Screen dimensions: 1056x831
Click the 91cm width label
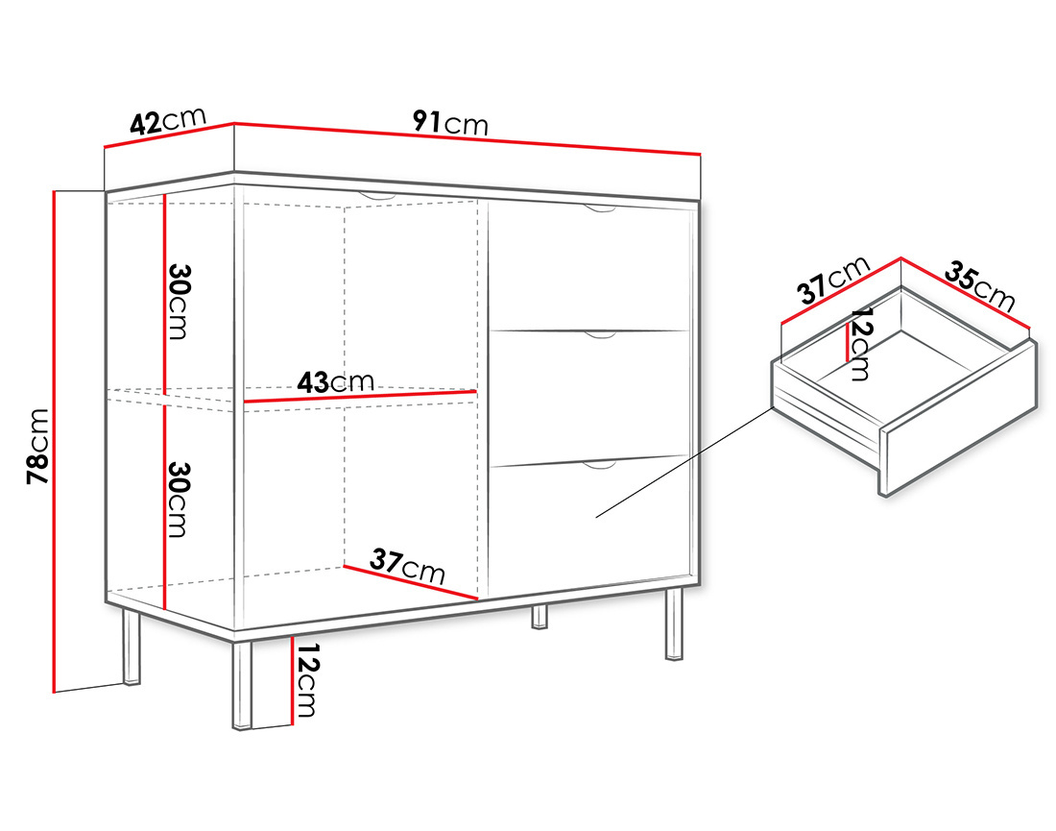[450, 123]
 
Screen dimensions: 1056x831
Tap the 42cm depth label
[168, 121]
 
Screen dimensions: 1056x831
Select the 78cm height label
[38, 446]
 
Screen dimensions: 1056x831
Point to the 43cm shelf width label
[335, 382]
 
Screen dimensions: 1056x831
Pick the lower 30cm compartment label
[178, 500]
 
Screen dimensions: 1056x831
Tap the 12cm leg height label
[306, 680]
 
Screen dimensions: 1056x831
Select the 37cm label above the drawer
[833, 280]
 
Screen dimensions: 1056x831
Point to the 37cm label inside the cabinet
[408, 566]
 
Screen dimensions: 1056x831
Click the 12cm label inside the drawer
[861, 344]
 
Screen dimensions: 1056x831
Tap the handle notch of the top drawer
[600, 208]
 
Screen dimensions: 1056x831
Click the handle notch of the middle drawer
[600, 335]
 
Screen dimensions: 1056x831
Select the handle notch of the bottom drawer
[600, 465]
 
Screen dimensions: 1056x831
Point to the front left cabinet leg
[241, 685]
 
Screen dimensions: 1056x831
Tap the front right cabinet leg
[674, 624]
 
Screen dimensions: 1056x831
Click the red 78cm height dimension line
[53, 441]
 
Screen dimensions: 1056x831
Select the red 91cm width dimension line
[468, 139]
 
